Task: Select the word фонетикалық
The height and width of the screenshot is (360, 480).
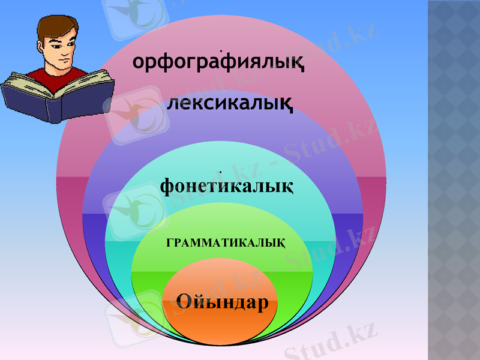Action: tap(226, 187)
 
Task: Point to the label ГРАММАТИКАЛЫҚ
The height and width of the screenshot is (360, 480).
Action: tap(224, 242)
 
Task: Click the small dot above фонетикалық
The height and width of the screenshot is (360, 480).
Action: tap(221, 172)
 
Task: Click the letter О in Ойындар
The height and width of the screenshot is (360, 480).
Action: tap(186, 301)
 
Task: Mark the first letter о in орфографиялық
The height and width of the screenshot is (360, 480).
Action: tap(139, 62)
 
